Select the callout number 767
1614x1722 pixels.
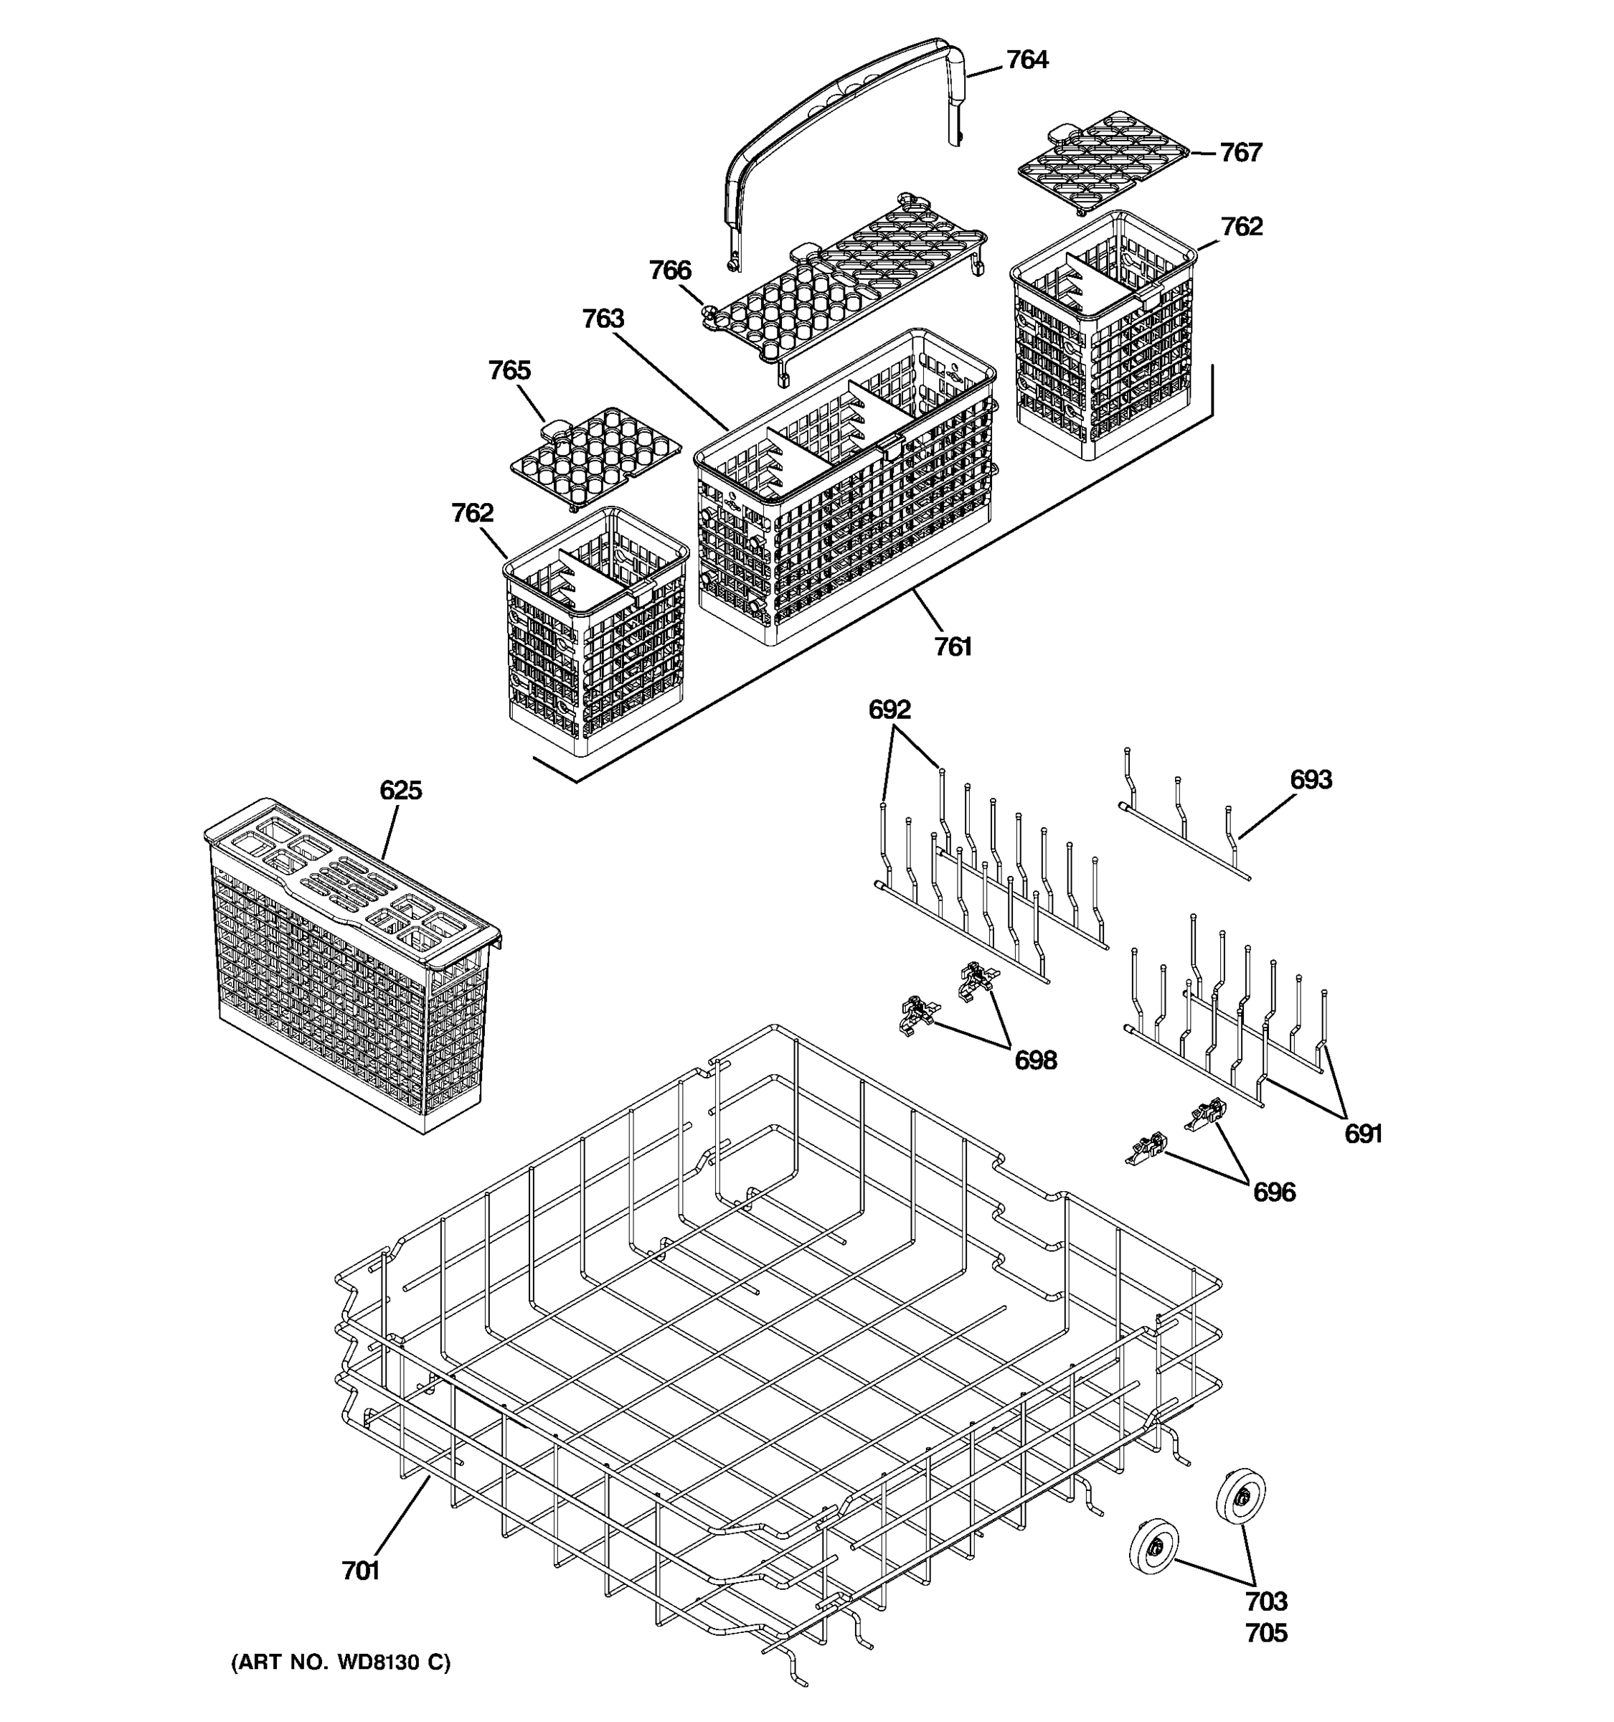click(1241, 152)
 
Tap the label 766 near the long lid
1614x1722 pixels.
click(670, 270)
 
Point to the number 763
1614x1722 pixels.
click(603, 319)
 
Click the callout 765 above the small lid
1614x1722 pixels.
click(509, 370)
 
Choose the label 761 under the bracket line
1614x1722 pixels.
click(953, 647)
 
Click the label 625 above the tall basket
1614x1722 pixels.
click(401, 790)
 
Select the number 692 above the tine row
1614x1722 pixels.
click(889, 710)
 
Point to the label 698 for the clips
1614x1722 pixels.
click(1036, 1060)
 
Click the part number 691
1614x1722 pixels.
click(1363, 1133)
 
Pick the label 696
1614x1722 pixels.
click(1274, 1192)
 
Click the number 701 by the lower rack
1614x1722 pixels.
click(360, 1571)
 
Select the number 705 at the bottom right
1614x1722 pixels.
click(1266, 1634)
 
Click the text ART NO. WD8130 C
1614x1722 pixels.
click(340, 1662)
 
